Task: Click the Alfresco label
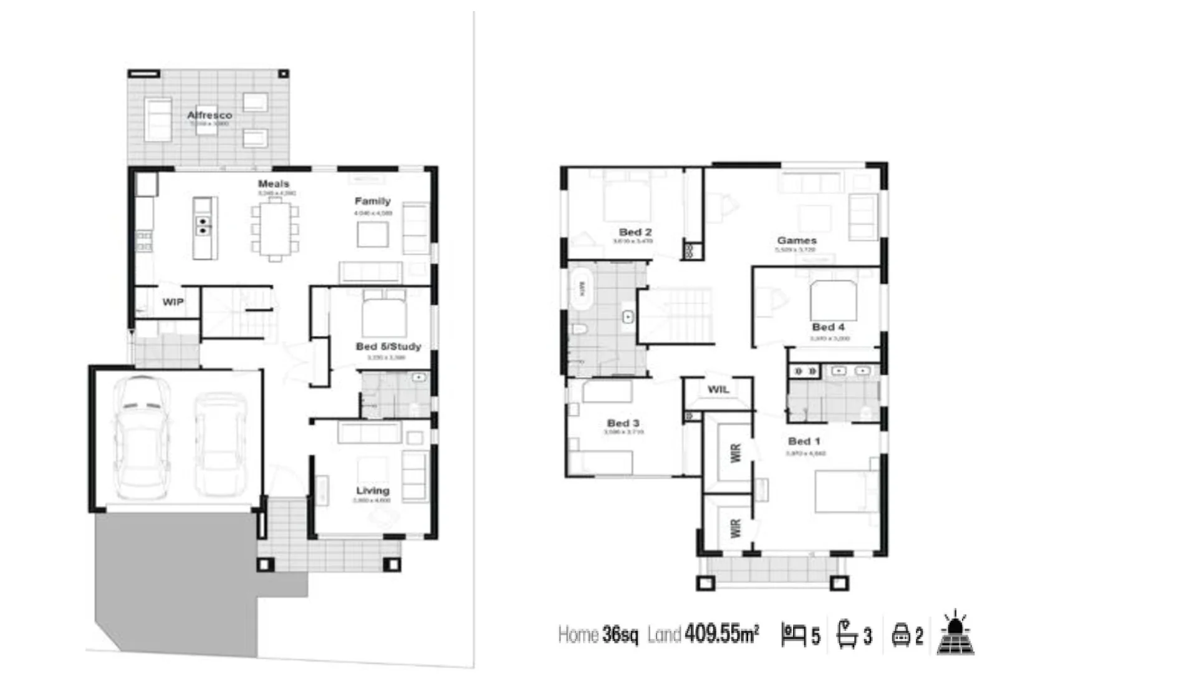pos(209,115)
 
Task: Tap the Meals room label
pos(273,183)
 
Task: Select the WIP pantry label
pos(173,302)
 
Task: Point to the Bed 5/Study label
pos(388,346)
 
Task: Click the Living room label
pos(372,491)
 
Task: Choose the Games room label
pos(796,240)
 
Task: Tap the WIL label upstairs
pos(718,389)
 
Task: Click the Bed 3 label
pos(623,423)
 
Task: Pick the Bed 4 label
pos(828,327)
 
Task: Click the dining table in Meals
pos(275,229)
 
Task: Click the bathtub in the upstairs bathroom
pos(581,289)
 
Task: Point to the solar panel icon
pos(954,633)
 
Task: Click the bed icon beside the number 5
pos(793,635)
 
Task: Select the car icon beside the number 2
pos(901,635)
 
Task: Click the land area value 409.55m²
pos(721,634)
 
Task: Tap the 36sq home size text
pos(620,635)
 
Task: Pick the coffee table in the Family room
pos(372,235)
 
